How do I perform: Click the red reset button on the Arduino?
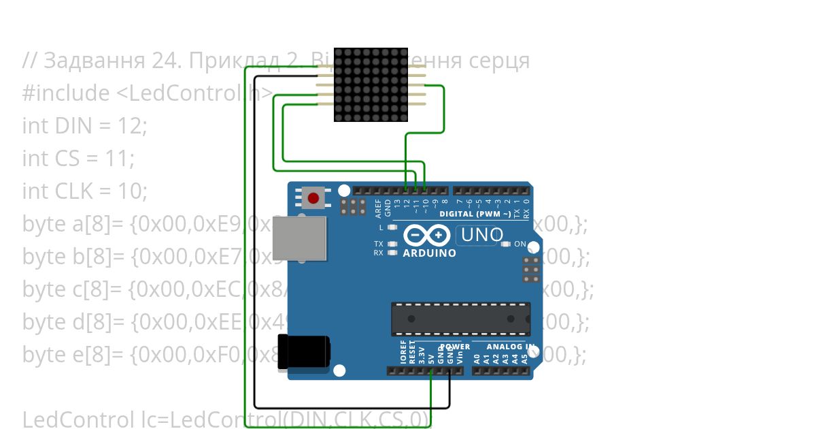pos(313,198)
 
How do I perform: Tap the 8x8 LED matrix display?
pos(371,84)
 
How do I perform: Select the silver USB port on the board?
pos(300,238)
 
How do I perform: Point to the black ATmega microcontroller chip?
pos(460,319)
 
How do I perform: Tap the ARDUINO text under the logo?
pos(429,253)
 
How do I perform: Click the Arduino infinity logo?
pos(426,236)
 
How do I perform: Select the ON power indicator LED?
pos(504,244)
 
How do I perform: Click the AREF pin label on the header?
pos(379,203)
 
